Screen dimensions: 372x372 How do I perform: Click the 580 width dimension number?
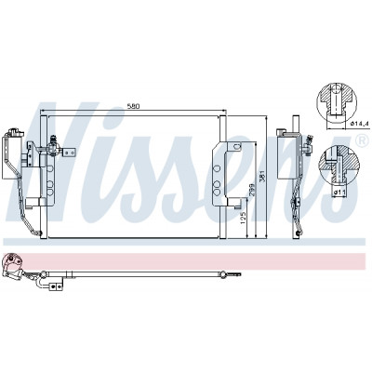[x=134, y=106]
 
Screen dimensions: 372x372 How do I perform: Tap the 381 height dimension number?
[x=262, y=177]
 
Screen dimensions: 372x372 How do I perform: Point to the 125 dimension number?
[x=243, y=219]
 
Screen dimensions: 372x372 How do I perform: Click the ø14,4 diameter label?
[x=360, y=124]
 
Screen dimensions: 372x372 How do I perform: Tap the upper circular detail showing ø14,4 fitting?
[x=337, y=102]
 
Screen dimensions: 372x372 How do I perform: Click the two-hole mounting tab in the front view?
[x=70, y=152]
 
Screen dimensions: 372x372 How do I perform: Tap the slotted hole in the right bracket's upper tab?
[x=236, y=146]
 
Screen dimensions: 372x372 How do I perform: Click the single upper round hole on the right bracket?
[x=217, y=168]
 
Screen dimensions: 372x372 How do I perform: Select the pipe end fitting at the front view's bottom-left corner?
[x=38, y=233]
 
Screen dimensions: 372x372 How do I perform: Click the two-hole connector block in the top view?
[x=56, y=287]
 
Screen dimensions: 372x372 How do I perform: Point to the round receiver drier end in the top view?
[x=11, y=262]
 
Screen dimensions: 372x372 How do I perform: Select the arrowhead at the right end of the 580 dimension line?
[x=224, y=111]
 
